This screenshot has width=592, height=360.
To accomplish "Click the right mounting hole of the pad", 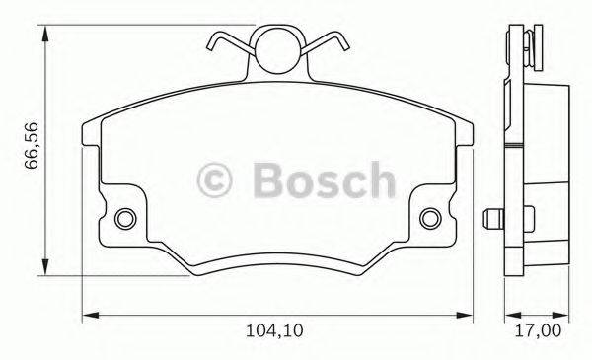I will [431, 218].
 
